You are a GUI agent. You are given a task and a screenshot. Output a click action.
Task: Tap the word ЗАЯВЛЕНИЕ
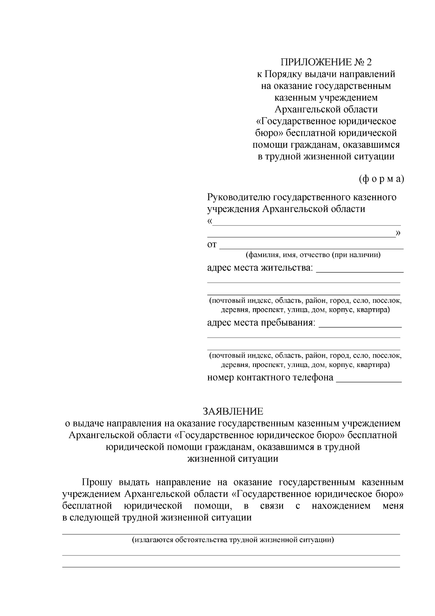[233, 411]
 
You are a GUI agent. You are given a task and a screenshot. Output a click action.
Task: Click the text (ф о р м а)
[381, 179]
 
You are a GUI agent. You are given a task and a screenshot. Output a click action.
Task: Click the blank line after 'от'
[311, 247]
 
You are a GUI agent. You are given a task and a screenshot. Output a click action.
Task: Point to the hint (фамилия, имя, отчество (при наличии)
[313, 255]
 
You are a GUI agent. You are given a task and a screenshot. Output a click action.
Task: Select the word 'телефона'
[314, 378]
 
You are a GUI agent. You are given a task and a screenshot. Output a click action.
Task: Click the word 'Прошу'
[97, 482]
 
